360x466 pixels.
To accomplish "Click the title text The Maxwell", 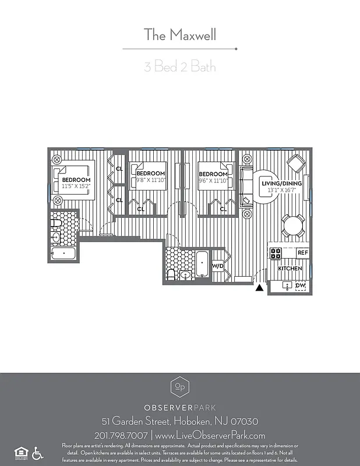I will (179, 35).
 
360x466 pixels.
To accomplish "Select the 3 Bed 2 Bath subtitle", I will (179, 66).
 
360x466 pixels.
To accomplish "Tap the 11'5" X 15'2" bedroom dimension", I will (76, 186).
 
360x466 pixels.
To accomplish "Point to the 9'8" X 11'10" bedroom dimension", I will (151, 180).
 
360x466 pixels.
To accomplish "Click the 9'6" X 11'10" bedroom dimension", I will (213, 180).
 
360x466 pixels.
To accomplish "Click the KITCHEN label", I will (290, 269).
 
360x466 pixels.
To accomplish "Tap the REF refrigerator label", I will (302, 253).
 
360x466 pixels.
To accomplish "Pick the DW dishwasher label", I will (300, 285).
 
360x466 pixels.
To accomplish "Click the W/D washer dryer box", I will (218, 266).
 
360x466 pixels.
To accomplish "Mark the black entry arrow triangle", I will (259, 287).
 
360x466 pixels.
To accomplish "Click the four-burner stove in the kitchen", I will (276, 253).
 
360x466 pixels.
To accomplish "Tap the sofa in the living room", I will (246, 186).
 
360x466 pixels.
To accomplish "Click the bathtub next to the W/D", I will (201, 264).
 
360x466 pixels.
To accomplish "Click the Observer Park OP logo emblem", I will (179, 387).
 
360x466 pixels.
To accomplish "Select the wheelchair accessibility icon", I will (37, 451).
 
